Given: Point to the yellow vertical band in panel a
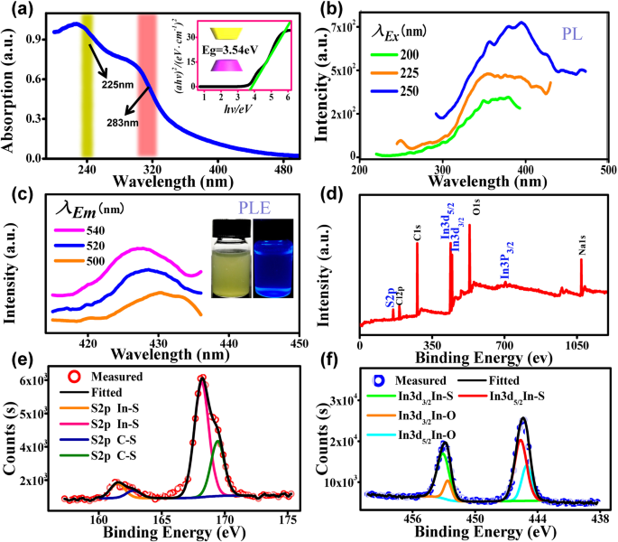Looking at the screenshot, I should click(88, 90).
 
